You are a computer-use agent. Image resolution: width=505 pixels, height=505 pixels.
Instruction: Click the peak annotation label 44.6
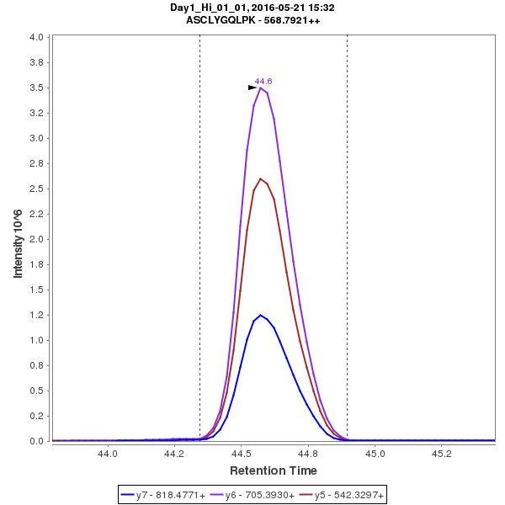coord(263,81)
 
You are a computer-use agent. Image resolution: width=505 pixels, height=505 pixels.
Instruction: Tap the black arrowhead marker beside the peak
coord(252,88)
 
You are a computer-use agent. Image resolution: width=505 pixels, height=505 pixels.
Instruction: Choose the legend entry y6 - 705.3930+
coord(260,496)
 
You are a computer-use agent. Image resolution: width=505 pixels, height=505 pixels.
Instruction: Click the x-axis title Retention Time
coord(274,470)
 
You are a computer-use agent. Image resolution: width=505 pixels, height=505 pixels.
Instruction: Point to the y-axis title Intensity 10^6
coord(18,237)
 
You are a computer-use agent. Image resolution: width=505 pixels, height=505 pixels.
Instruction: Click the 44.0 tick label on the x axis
coord(108,453)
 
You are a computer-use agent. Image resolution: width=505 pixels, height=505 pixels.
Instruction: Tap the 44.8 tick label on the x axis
coord(308,453)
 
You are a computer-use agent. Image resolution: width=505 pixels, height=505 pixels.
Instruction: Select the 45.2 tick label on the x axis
coord(442,453)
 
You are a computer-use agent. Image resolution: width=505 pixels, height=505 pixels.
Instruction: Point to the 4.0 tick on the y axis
coord(36,38)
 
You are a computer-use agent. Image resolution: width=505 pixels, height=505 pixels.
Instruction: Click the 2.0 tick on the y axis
coord(36,239)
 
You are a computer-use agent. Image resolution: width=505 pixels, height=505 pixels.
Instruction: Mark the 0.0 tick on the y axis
coord(36,441)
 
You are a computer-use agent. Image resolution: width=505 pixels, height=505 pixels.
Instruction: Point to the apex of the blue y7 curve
coord(261,315)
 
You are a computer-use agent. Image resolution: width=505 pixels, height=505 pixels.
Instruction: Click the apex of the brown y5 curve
coord(261,178)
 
